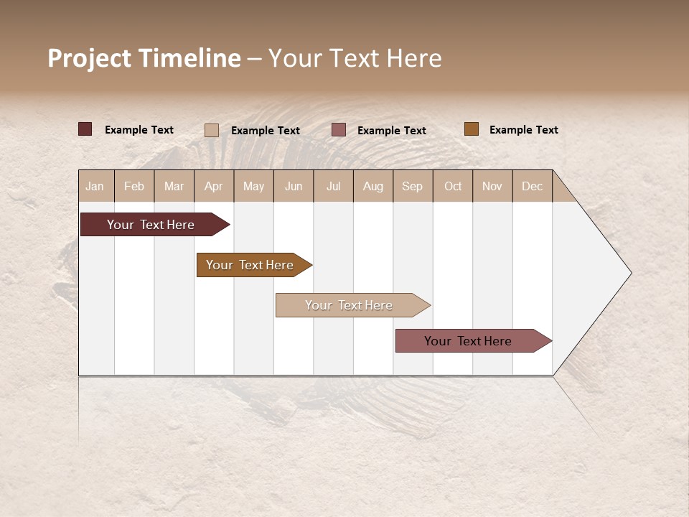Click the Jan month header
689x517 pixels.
click(x=95, y=186)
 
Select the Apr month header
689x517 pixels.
click(x=213, y=186)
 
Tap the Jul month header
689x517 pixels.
click(x=333, y=186)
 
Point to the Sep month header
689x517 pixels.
click(x=412, y=186)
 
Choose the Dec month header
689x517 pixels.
click(x=532, y=186)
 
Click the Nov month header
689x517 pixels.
click(x=492, y=186)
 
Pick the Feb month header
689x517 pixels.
click(x=134, y=186)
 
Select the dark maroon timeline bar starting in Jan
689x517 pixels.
click(x=151, y=225)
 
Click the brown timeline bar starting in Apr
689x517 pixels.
click(x=250, y=265)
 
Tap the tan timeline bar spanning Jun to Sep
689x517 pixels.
click(x=349, y=305)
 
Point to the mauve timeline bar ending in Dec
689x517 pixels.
click(x=468, y=341)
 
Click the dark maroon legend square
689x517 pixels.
click(x=85, y=129)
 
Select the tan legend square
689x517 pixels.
click(x=211, y=130)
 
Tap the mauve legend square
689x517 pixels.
click(x=339, y=130)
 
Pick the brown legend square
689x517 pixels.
click(x=471, y=129)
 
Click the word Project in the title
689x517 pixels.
click(x=90, y=58)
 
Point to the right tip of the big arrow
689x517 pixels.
click(x=630, y=273)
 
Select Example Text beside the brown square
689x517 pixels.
click(x=523, y=130)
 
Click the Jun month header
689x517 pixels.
click(x=294, y=186)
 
